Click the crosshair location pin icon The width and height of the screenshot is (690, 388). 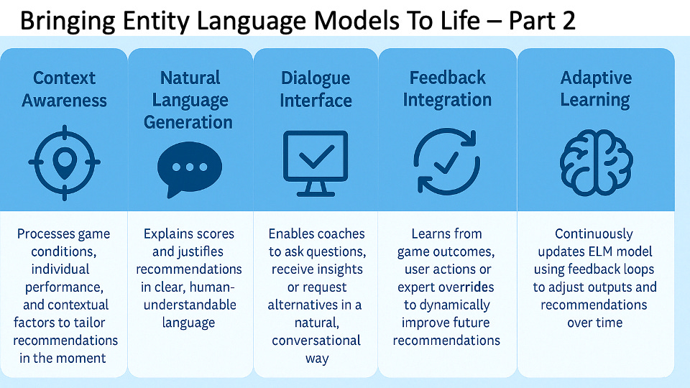(64, 163)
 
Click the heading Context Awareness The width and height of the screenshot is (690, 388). (64, 89)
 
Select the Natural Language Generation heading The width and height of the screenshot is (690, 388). (188, 100)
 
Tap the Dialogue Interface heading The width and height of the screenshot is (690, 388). (316, 89)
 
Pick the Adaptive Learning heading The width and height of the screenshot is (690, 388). (596, 89)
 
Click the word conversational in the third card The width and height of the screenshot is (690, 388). (316, 340)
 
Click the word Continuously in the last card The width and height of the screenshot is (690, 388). (594, 234)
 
